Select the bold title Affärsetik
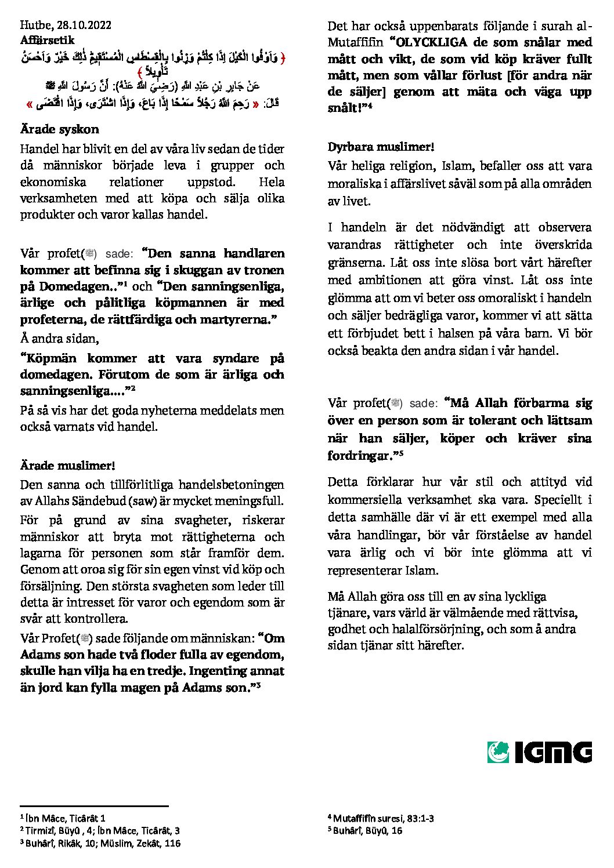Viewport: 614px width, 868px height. pos(47,41)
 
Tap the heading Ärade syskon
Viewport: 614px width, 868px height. pos(59,129)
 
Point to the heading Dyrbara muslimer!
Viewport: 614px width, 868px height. pos(381,147)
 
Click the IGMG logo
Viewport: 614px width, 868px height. pos(540,752)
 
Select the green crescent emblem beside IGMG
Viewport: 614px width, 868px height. pos(498,752)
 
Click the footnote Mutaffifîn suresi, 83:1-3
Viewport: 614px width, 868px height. pos(383,819)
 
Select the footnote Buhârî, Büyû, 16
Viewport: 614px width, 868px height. pos(367,830)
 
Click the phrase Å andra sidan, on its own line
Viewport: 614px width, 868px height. pos(59,339)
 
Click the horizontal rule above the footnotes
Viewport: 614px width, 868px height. pos(94,806)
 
